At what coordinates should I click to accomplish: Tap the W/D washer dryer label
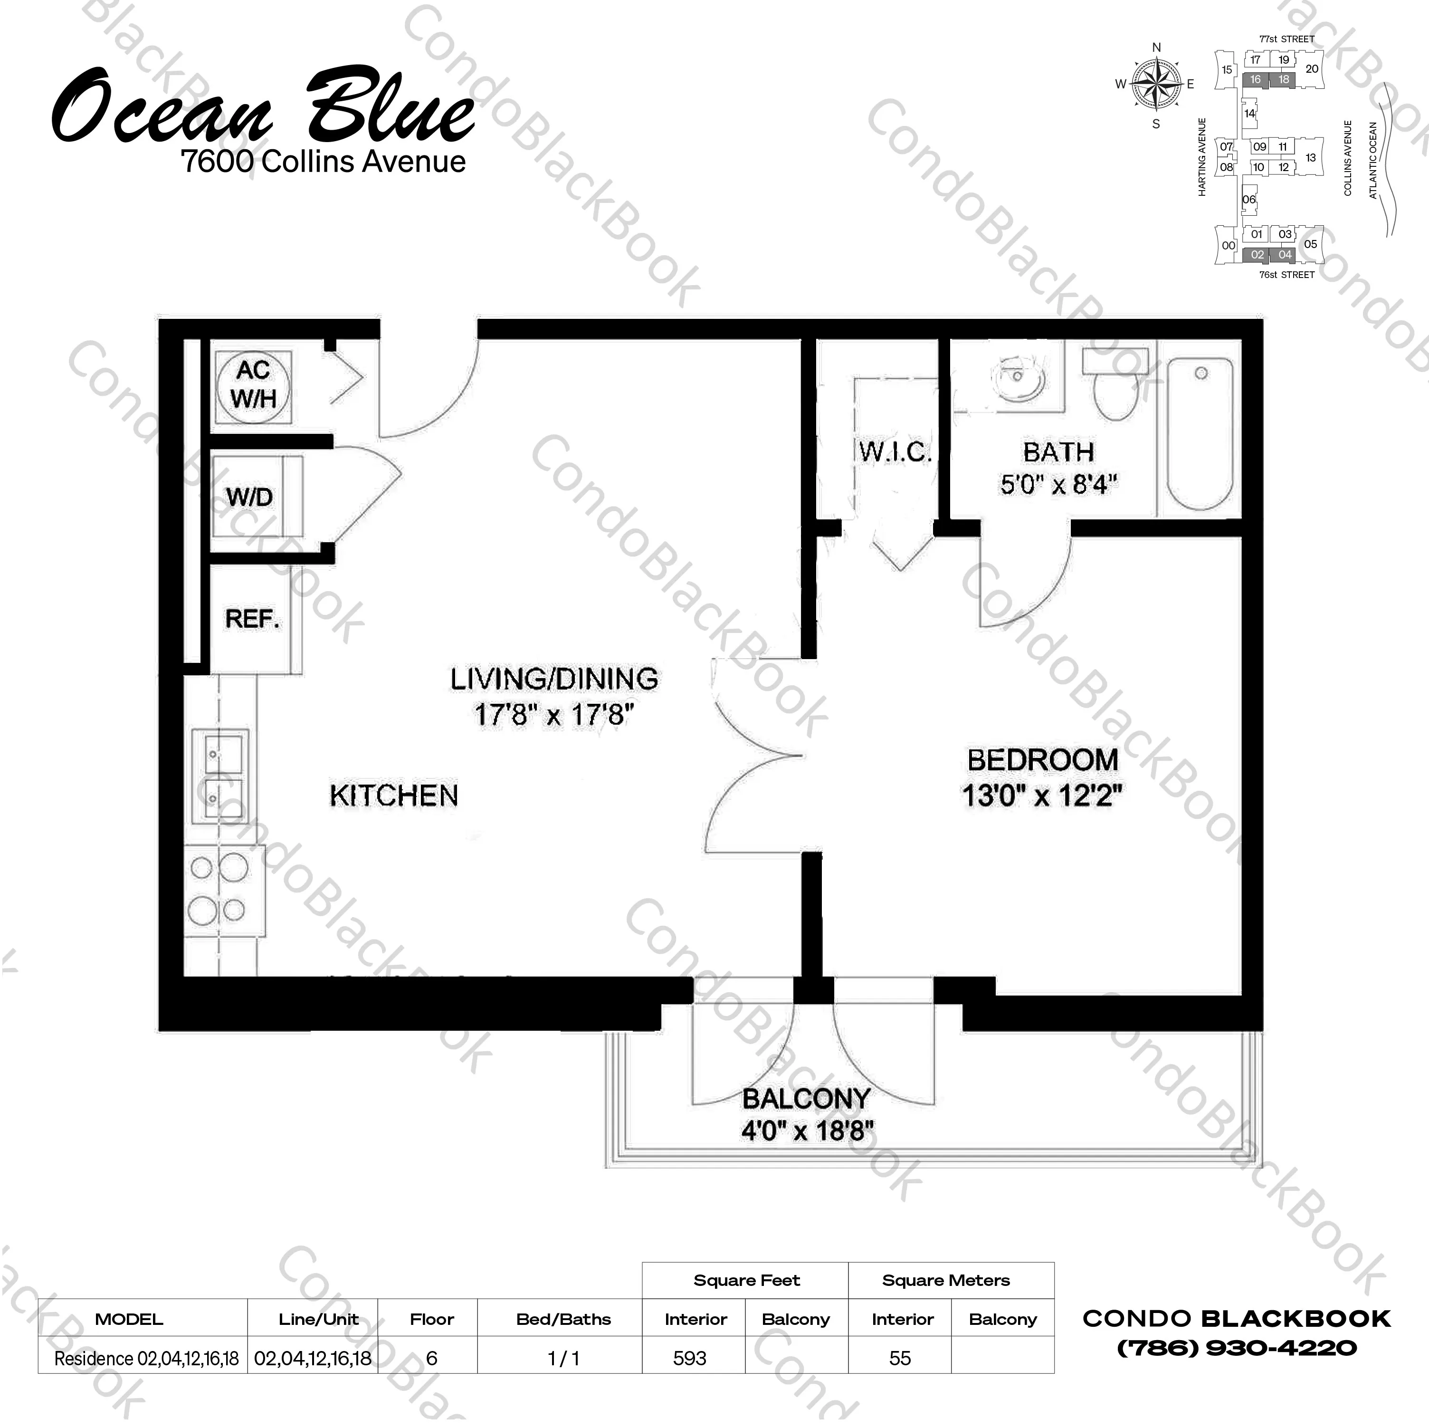(249, 497)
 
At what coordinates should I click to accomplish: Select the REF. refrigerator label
(253, 619)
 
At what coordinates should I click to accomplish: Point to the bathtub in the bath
(1200, 433)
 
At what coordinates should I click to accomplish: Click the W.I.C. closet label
(895, 451)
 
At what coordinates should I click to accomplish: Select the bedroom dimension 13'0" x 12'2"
(1042, 795)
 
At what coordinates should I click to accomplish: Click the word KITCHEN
(394, 795)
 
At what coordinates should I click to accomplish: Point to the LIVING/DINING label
(554, 679)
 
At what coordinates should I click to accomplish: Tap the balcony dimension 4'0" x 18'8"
(807, 1131)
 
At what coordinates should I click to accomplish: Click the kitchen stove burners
(218, 890)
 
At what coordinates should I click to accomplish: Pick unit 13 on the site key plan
(1311, 158)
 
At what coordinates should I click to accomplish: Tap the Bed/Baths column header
(563, 1319)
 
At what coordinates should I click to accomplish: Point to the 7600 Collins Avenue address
(323, 161)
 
